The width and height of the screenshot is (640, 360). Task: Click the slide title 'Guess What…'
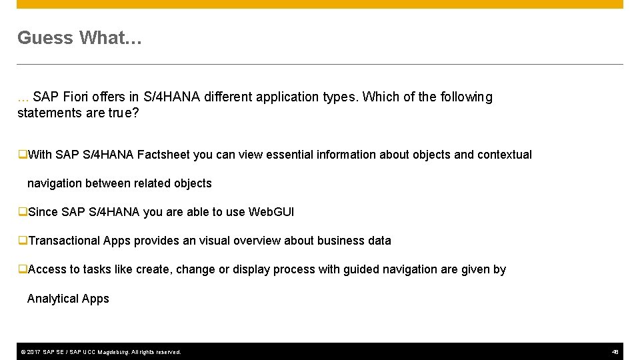[79, 38]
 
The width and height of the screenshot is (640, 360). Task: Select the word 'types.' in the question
[340, 97]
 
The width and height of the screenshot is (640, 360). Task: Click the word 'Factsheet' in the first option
[163, 155]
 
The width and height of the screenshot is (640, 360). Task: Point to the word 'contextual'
[505, 155]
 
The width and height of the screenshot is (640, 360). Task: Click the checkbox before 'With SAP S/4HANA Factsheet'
[23, 155]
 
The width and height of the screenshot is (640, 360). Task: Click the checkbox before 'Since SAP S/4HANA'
[23, 212]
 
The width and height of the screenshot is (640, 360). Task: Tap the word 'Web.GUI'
[271, 212]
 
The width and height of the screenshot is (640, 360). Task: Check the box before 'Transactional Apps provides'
[23, 241]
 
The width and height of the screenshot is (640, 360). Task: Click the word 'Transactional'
[65, 241]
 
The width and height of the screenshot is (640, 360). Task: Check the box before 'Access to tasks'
[23, 269]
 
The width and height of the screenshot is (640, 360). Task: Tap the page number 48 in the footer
[615, 351]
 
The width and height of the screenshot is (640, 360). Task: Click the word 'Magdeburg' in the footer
[113, 352]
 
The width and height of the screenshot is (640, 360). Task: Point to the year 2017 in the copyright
[33, 352]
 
